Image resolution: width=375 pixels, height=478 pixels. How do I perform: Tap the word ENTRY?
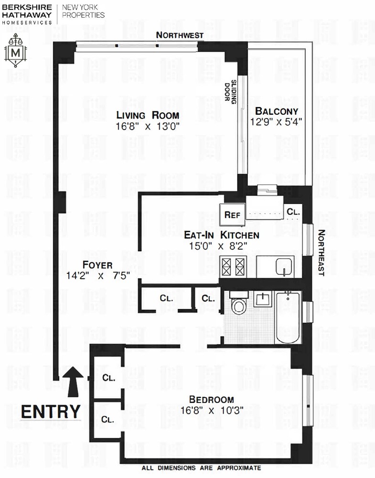coord(51,411)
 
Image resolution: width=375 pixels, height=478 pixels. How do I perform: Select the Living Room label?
coord(148,115)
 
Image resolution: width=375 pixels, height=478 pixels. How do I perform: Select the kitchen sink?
coord(284,266)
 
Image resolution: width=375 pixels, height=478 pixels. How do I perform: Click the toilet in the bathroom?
coord(237,304)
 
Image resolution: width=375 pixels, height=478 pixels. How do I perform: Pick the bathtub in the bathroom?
coord(288,317)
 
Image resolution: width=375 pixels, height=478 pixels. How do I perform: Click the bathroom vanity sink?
coord(262,300)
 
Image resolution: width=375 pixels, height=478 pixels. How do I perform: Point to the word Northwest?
coord(180,35)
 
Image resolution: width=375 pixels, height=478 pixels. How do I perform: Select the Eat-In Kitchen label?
coord(222,235)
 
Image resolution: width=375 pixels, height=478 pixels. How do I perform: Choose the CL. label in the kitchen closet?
coord(292,211)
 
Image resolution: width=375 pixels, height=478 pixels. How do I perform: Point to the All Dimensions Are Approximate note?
coord(201,468)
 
